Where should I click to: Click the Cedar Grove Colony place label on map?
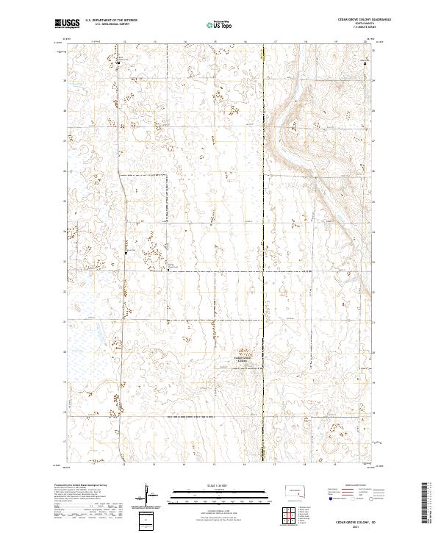pos(244,359)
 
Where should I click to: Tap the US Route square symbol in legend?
pos(346,498)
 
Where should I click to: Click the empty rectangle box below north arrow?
pos(146,521)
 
